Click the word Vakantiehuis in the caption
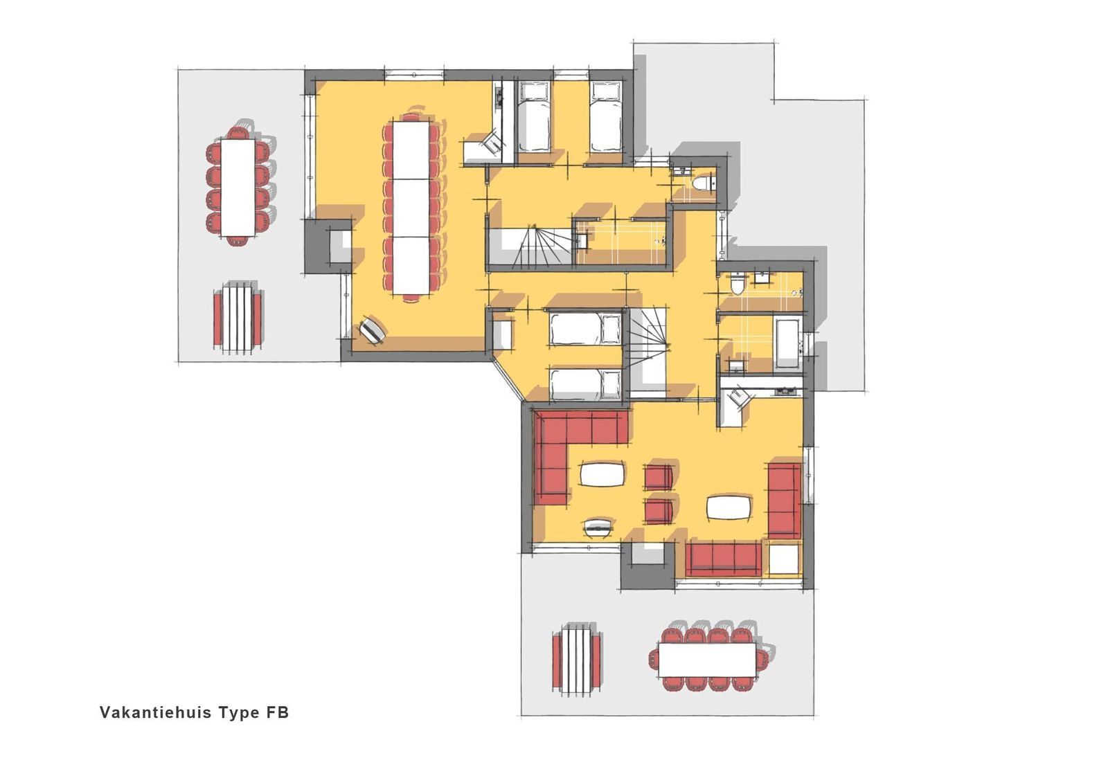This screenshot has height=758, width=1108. click(x=156, y=712)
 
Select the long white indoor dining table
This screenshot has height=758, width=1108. click(x=411, y=208)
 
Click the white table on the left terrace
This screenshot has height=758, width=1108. click(x=238, y=188)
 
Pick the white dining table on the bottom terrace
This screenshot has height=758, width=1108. click(x=707, y=660)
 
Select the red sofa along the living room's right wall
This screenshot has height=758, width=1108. click(x=784, y=501)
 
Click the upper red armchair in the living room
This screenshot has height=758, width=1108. click(x=659, y=477)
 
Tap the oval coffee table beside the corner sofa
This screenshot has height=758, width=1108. click(x=602, y=473)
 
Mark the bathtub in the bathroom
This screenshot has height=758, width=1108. click(x=787, y=343)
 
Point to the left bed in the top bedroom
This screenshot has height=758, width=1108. click(x=533, y=117)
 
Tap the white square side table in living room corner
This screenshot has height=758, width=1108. click(x=785, y=558)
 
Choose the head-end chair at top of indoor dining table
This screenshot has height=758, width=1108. click(x=411, y=117)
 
